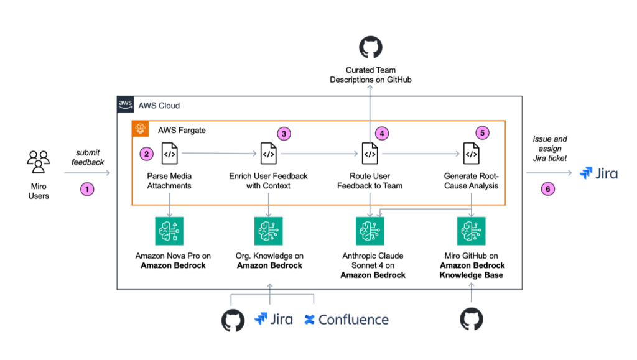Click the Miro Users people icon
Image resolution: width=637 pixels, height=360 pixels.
coord(39,162)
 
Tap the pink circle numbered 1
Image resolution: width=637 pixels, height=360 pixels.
coord(87,189)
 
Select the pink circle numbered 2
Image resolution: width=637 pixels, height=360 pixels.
coord(146,154)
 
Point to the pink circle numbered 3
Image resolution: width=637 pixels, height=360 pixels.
coord(284,134)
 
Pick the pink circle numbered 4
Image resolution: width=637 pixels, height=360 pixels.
coord(382,133)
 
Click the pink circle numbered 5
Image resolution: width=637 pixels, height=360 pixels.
coord(482,132)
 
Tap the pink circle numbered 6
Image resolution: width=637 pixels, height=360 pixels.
coord(547,189)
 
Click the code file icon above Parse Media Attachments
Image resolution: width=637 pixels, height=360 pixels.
coord(169,154)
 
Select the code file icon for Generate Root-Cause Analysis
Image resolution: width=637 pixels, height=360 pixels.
coord(472,154)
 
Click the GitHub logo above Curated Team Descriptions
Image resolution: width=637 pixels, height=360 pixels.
coord(371,47)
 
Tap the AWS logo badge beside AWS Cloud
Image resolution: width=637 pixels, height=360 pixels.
coord(125,104)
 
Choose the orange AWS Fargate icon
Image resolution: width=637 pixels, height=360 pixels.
coord(140,129)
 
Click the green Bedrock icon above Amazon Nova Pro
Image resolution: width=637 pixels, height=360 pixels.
coord(169,231)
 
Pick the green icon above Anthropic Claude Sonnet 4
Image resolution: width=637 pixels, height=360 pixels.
coord(370,231)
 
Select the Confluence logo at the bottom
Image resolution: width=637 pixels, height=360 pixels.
coord(346,320)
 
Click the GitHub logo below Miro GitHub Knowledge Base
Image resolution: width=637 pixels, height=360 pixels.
coord(472,320)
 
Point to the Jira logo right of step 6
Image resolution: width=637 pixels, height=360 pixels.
coord(598,173)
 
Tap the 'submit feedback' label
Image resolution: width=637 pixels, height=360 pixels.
coord(88,157)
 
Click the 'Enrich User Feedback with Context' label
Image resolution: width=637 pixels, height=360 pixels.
coord(268,181)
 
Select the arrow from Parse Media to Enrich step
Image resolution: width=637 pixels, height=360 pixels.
coord(220,154)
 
